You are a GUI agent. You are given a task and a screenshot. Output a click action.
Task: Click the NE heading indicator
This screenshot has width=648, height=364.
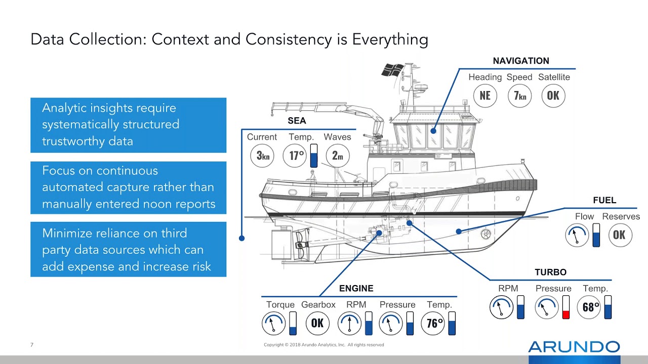(485, 96)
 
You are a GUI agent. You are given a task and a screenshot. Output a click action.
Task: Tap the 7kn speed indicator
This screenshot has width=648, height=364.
(519, 96)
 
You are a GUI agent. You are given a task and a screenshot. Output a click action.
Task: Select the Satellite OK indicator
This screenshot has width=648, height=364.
(553, 96)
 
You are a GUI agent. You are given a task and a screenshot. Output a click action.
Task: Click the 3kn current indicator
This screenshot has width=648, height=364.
(262, 155)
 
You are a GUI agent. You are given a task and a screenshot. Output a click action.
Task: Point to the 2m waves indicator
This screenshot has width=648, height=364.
(337, 155)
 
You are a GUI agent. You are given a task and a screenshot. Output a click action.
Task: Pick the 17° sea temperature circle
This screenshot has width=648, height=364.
(297, 155)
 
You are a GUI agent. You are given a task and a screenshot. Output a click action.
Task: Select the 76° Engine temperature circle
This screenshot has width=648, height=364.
(435, 323)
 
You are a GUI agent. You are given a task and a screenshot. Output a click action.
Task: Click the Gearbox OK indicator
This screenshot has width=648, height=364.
(317, 323)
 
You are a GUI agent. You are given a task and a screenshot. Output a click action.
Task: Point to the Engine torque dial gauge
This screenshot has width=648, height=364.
(274, 323)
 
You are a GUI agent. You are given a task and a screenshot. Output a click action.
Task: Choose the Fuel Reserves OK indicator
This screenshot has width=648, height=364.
(620, 235)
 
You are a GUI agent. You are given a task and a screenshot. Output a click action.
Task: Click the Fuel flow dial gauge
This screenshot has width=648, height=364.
(577, 235)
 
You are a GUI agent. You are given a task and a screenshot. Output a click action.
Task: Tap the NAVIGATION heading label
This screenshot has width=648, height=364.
(521, 61)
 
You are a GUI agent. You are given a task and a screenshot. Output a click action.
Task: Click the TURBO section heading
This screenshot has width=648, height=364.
(550, 272)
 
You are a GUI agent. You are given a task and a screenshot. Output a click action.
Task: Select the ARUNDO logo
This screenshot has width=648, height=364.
(574, 347)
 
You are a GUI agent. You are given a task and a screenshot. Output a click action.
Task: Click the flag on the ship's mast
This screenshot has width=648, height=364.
(393, 70)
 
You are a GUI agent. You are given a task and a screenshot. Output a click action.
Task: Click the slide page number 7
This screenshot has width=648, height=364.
(32, 345)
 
